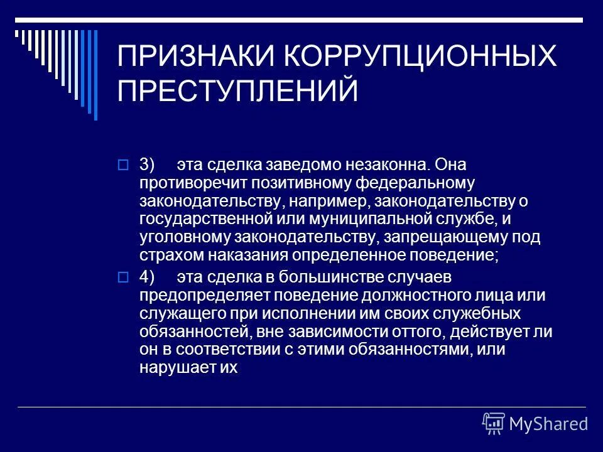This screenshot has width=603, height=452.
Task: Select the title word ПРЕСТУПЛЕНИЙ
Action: click(238, 92)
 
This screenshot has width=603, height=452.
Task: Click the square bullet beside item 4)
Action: click(122, 276)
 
